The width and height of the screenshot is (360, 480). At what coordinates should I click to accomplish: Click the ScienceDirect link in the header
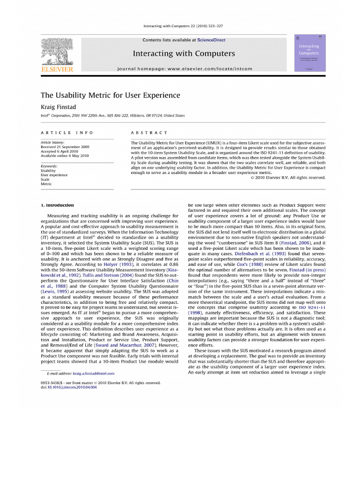[211, 40]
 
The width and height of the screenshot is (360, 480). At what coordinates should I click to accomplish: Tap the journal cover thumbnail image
[309, 52]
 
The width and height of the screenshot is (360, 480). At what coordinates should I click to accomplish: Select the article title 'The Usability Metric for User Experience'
[110, 95]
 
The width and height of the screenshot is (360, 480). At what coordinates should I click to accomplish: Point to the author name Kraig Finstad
[58, 107]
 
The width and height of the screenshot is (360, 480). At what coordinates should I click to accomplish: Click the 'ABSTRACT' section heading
[149, 133]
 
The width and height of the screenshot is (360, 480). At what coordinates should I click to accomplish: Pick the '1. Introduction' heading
[57, 205]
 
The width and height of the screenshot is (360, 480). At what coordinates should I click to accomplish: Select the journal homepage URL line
[185, 68]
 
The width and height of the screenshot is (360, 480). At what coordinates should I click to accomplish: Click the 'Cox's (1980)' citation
[248, 264]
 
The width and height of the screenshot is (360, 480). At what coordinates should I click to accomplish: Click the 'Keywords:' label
[49, 166]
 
